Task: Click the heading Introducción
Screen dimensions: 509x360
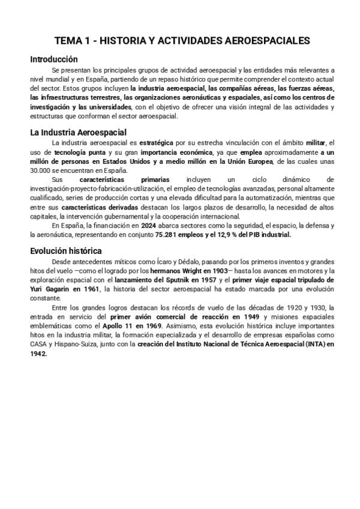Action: point(54,59)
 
